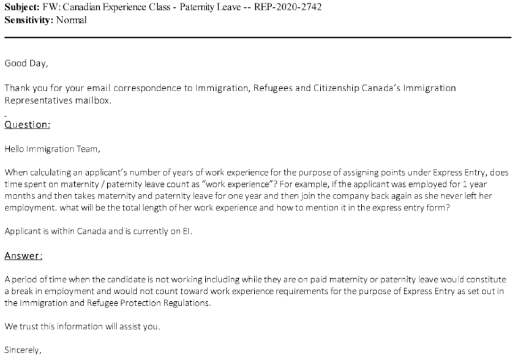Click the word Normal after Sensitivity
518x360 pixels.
click(x=71, y=20)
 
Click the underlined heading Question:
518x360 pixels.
click(x=27, y=124)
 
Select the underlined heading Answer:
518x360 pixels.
click(x=24, y=255)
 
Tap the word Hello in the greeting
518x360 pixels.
click(x=15, y=148)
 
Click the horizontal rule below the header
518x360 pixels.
click(x=258, y=37)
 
